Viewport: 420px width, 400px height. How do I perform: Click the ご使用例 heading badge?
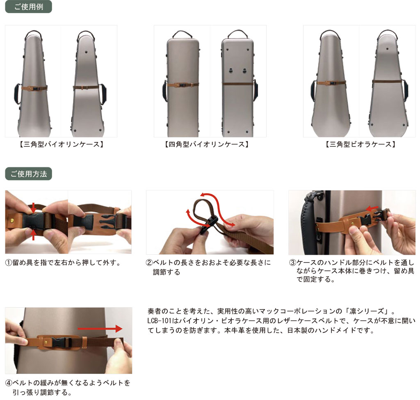coord(28,7)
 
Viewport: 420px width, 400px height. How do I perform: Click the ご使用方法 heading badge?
coord(28,174)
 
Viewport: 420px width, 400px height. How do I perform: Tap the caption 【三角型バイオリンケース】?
coord(62,144)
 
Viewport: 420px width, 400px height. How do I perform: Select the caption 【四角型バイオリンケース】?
coord(207,144)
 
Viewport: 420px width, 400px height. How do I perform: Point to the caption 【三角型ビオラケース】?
coord(361,144)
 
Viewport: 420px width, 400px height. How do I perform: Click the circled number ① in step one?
coord(9,263)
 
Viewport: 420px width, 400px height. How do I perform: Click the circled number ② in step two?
coord(149,263)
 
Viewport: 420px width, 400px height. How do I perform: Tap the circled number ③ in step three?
coord(292,263)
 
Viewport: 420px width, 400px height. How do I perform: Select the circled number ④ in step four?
coord(9,383)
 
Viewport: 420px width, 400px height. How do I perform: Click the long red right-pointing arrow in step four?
coord(100,329)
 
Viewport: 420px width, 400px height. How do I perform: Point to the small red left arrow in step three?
coord(372,208)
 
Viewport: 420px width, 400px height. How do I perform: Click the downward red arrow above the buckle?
coord(33,207)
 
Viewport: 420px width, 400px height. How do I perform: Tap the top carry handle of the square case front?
coord(183,34)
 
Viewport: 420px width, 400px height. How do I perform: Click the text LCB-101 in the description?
coord(159,321)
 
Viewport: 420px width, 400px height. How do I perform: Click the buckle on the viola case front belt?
coord(331,83)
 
